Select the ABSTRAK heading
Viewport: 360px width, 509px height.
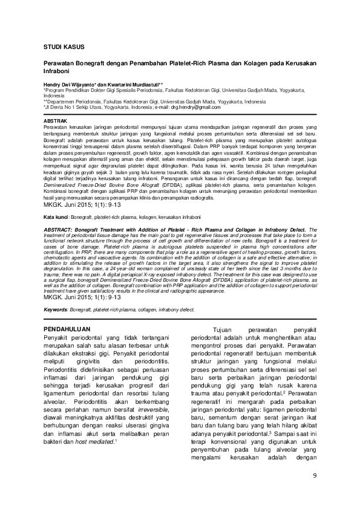pos(56,121)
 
